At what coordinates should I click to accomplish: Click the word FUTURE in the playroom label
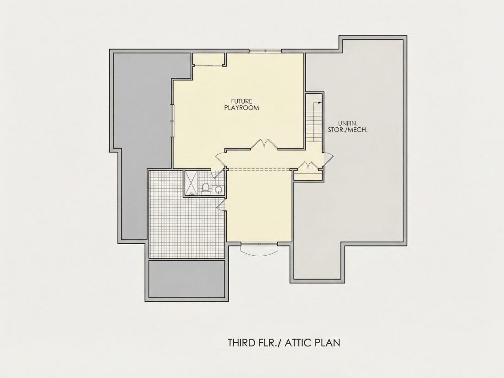pos(241,101)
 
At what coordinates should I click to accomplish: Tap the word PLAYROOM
pos(241,108)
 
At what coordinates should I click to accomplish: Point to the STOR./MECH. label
pos(347,130)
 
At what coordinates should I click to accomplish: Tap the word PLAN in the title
pos(327,343)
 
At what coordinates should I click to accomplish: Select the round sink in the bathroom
pos(218,190)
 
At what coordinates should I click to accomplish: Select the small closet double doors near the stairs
pos(308,165)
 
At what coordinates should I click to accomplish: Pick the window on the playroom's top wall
pos(265,51)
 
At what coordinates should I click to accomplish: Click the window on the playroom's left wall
pos(172,121)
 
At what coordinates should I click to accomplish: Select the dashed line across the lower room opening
pos(259,170)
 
